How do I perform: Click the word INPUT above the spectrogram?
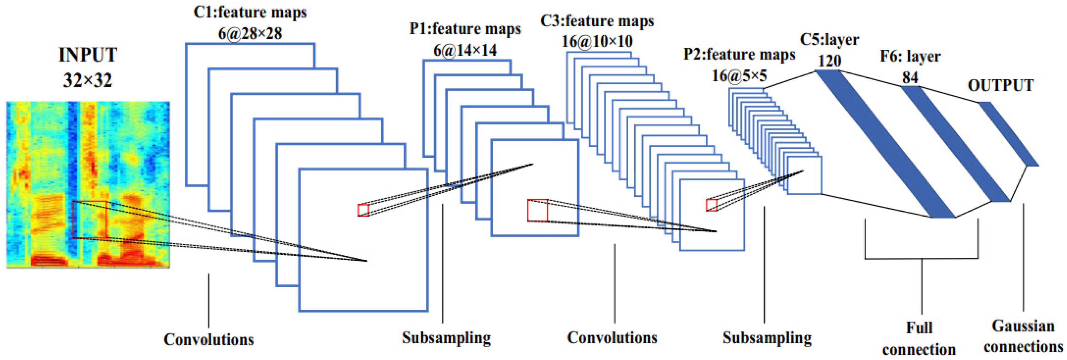pyautogui.click(x=88, y=55)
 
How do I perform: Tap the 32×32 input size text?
pyautogui.click(x=88, y=80)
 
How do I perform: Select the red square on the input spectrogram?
pyautogui.click(x=90, y=220)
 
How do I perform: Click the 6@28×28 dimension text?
pyautogui.click(x=250, y=33)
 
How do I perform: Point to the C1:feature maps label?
pyautogui.click(x=250, y=12)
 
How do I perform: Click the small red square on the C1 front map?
pyautogui.click(x=363, y=210)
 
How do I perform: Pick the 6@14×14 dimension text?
pyautogui.click(x=465, y=50)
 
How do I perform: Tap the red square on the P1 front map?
pyautogui.click(x=537, y=211)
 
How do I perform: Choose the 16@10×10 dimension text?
pyautogui.click(x=597, y=41)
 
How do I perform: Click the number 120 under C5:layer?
pyautogui.click(x=829, y=61)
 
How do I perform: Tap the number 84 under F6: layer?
pyautogui.click(x=910, y=78)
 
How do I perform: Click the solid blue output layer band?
pyautogui.click(x=1009, y=134)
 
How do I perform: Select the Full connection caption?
pyautogui.click(x=919, y=338)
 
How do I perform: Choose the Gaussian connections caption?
pyautogui.click(x=1023, y=336)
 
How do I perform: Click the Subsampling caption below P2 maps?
pyautogui.click(x=767, y=338)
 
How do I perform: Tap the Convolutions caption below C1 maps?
pyautogui.click(x=209, y=339)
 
